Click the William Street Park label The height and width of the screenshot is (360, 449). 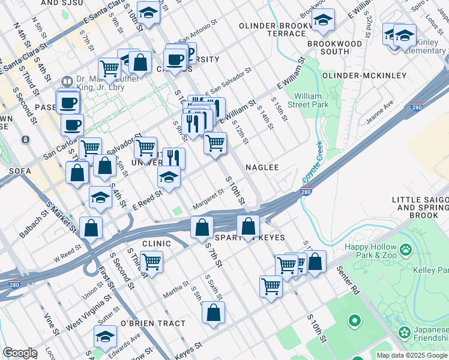tap(312, 100)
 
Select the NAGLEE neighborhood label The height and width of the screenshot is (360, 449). tap(262, 167)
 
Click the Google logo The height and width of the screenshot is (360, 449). tap(19, 353)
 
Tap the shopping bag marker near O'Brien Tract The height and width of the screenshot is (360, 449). tap(213, 313)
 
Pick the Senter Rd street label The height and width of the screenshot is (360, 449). tap(348, 288)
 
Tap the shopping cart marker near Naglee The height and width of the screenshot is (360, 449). tap(215, 143)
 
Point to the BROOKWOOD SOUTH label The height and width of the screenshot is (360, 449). tap(334, 48)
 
